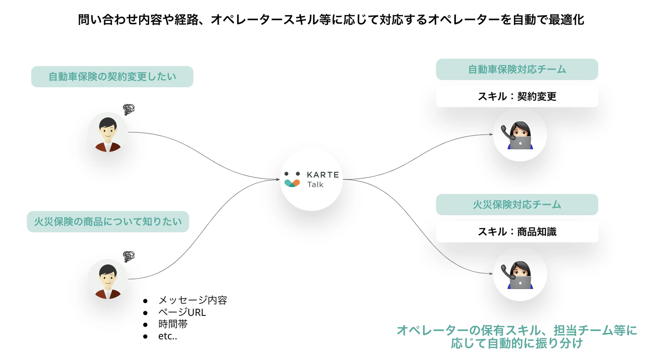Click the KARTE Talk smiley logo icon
pos(292,179)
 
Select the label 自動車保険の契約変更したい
pos(112,76)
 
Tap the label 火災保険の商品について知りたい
pos(108,222)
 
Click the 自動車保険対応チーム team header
pos(517,69)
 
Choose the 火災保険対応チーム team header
pos(517,204)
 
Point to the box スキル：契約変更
pos(517,96)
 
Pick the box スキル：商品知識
pos(517,232)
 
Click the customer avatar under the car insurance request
pos(108,132)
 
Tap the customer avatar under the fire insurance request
pos(108,279)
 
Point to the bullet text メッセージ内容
pos(192,300)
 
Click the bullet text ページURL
pos(182,313)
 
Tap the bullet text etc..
pos(167,337)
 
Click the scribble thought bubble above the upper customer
pos(129,109)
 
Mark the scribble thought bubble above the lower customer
pos(129,256)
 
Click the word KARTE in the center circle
pos(322,175)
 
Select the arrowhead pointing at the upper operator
pos(491,134)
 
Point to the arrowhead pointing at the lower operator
pos(491,274)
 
